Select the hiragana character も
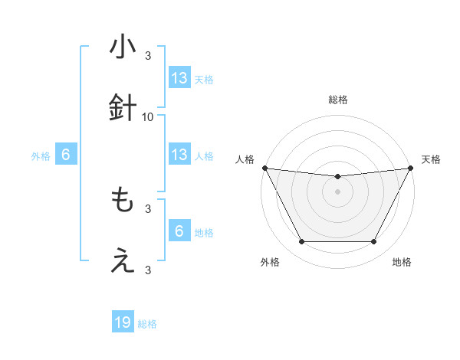(x=123, y=201)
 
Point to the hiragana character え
(x=123, y=262)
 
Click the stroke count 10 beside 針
(x=148, y=116)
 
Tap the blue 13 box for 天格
(x=179, y=78)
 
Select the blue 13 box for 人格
(x=179, y=155)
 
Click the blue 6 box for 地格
(x=179, y=231)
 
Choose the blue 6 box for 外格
(x=66, y=155)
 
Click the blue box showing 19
(x=123, y=323)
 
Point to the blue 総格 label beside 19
(x=147, y=324)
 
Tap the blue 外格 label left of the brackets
(x=41, y=155)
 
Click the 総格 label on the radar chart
(x=337, y=100)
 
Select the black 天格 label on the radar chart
(x=431, y=159)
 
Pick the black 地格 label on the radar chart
(x=402, y=262)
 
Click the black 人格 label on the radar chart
(x=245, y=159)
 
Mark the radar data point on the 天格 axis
(x=410, y=168)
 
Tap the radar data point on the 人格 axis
(x=264, y=168)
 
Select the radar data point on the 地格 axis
(x=374, y=242)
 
